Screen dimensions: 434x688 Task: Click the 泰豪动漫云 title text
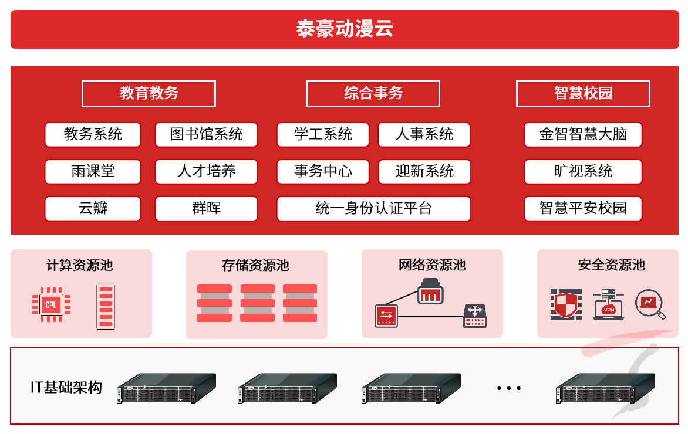pyautogui.click(x=344, y=29)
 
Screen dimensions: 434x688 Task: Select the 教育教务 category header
pyautogui.click(x=149, y=93)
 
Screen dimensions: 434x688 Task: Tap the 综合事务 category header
pyautogui.click(x=373, y=93)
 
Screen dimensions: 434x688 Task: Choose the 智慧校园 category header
pyautogui.click(x=583, y=93)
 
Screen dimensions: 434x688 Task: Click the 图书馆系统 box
pyautogui.click(x=206, y=134)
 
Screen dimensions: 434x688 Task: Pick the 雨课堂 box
pyautogui.click(x=93, y=171)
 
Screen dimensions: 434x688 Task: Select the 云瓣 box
pyautogui.click(x=93, y=208)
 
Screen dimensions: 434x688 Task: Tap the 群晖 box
pyautogui.click(x=206, y=208)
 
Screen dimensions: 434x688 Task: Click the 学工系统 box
pyautogui.click(x=323, y=134)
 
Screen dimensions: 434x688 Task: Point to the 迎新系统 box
pyautogui.click(x=424, y=171)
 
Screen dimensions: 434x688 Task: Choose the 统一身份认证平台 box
pyautogui.click(x=373, y=208)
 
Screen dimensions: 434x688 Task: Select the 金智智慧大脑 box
pyautogui.click(x=583, y=134)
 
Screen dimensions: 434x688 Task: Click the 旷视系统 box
pyautogui.click(x=583, y=171)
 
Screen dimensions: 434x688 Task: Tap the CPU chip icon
pyautogui.click(x=51, y=304)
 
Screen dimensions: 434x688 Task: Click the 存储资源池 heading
pyautogui.click(x=255, y=265)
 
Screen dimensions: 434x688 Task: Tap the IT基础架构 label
pyautogui.click(x=66, y=387)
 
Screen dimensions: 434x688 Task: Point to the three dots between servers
pyautogui.click(x=508, y=388)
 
